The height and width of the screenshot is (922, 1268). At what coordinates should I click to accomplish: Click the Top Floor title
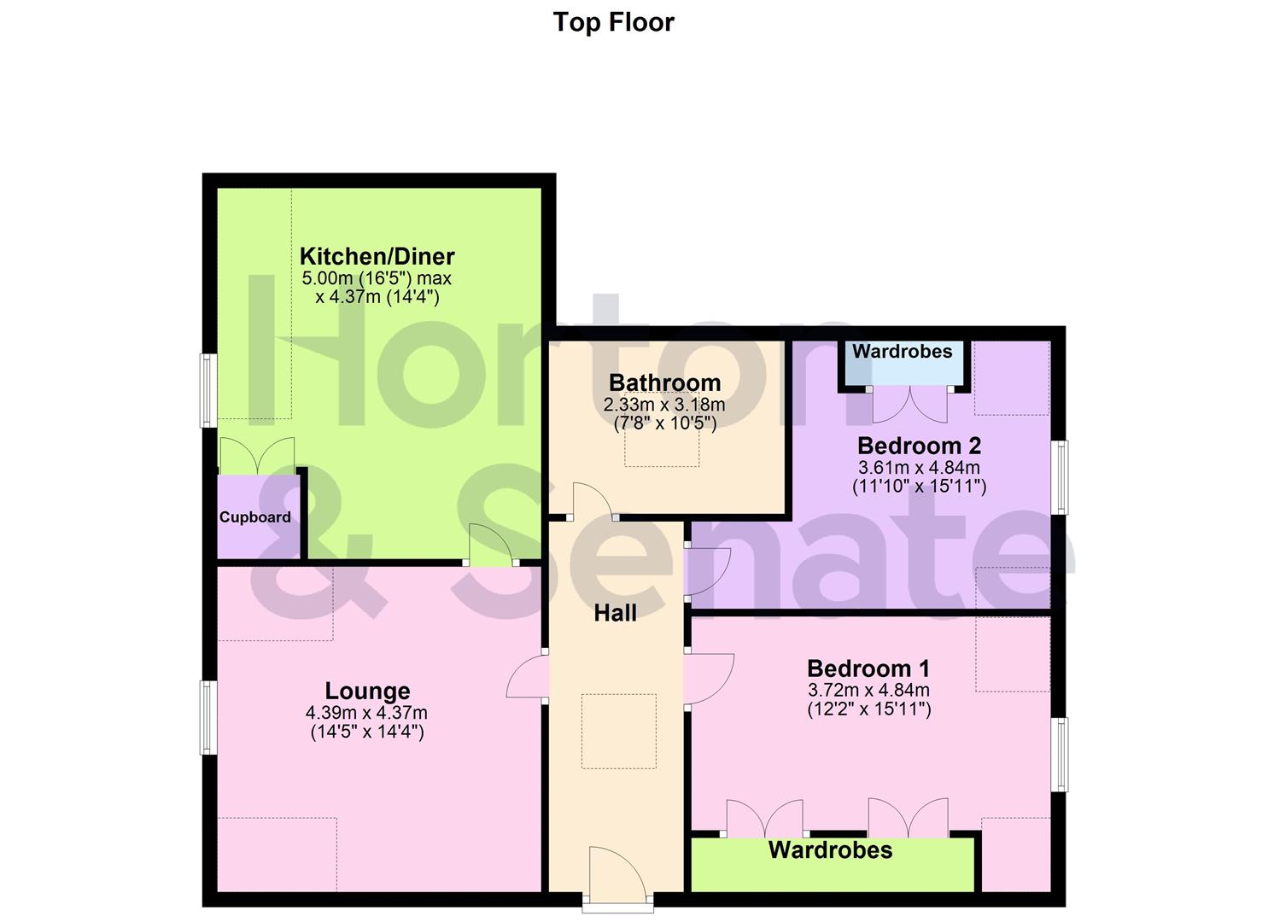[613, 22]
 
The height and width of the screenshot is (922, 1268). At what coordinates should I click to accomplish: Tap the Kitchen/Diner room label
[377, 256]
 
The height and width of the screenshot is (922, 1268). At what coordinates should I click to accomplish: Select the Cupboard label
[254, 517]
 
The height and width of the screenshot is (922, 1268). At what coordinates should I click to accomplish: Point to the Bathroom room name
[664, 383]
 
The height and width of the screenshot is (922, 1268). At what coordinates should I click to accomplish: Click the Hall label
[615, 613]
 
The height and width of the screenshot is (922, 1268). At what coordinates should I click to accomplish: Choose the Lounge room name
[367, 691]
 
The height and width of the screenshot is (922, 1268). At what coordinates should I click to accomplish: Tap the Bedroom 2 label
[919, 446]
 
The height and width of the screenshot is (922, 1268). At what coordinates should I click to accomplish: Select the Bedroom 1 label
[868, 668]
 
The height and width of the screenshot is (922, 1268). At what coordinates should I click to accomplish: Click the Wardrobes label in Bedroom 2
[902, 352]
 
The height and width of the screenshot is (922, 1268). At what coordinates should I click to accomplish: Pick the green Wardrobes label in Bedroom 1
[830, 850]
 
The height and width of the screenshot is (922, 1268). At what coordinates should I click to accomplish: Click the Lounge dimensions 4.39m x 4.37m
[366, 713]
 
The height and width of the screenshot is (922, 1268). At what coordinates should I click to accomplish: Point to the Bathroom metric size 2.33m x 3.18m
[663, 405]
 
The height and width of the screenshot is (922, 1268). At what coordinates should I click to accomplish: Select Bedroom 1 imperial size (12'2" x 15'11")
[868, 709]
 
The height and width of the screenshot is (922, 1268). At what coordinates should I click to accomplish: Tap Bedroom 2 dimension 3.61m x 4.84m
[919, 468]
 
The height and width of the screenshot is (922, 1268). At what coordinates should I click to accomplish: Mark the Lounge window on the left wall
[207, 717]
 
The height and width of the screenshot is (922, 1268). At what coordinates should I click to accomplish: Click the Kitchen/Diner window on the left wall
[207, 390]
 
